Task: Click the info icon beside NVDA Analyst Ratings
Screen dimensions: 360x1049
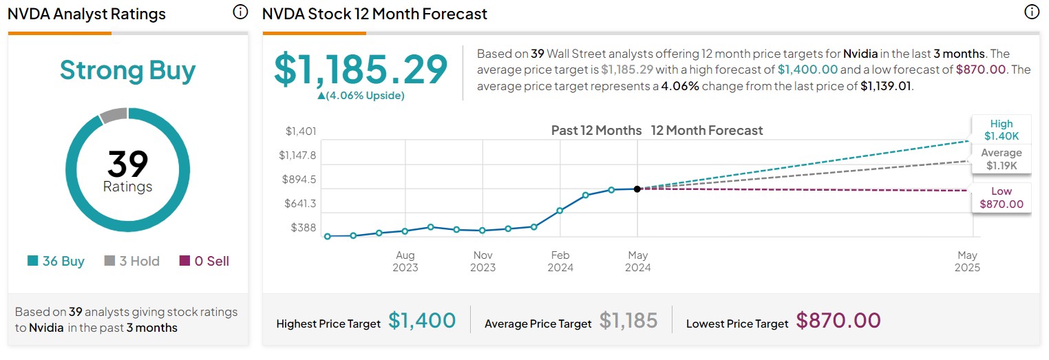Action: (240, 12)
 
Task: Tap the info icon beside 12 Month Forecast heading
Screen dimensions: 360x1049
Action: (1031, 12)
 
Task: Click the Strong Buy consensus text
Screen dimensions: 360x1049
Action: (127, 70)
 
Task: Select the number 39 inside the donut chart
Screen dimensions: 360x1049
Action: (127, 165)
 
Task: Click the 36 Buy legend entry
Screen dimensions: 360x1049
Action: (56, 261)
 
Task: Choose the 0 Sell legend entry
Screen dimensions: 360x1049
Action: (204, 261)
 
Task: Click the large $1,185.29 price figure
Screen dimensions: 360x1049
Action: (361, 70)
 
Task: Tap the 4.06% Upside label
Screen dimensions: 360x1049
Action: (361, 96)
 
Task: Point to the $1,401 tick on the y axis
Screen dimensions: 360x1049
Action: (301, 131)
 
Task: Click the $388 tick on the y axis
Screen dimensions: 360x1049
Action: (304, 227)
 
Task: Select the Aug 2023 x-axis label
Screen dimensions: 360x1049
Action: (405, 262)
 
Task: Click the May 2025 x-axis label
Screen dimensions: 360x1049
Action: (967, 262)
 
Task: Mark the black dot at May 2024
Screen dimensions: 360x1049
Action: (637, 189)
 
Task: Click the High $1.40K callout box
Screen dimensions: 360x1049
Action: (1001, 129)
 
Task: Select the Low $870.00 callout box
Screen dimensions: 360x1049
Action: (1001, 198)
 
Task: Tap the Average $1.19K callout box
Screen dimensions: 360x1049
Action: (1001, 159)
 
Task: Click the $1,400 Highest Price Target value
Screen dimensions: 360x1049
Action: (422, 321)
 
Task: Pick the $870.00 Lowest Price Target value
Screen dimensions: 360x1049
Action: (838, 321)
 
